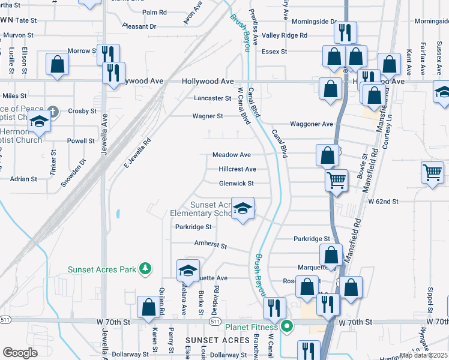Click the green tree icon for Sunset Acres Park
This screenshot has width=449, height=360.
pyautogui.click(x=144, y=269)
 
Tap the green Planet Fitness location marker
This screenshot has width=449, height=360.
pyautogui.click(x=287, y=327)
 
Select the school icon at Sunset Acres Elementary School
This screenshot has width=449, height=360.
pyautogui.click(x=243, y=209)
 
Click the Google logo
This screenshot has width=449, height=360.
pyautogui.click(x=20, y=353)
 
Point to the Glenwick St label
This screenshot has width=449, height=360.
pyautogui.click(x=237, y=184)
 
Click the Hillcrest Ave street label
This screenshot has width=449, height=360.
pyautogui.click(x=237, y=169)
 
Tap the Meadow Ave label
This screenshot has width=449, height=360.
pyautogui.click(x=232, y=155)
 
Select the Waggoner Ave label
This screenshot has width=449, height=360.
pyautogui.click(x=312, y=124)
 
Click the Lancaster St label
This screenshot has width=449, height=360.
pyautogui.click(x=212, y=98)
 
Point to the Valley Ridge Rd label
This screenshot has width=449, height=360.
pyautogui.click(x=285, y=36)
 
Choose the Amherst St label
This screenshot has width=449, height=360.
pyautogui.click(x=210, y=245)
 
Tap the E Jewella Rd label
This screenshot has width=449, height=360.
pyautogui.click(x=137, y=153)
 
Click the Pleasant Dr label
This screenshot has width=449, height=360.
pyautogui.click(x=139, y=26)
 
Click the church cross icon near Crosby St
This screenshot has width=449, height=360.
pyautogui.click(x=53, y=112)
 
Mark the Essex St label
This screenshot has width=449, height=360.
pyautogui.click(x=275, y=52)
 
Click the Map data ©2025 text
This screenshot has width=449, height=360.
pyautogui.click(x=423, y=355)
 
